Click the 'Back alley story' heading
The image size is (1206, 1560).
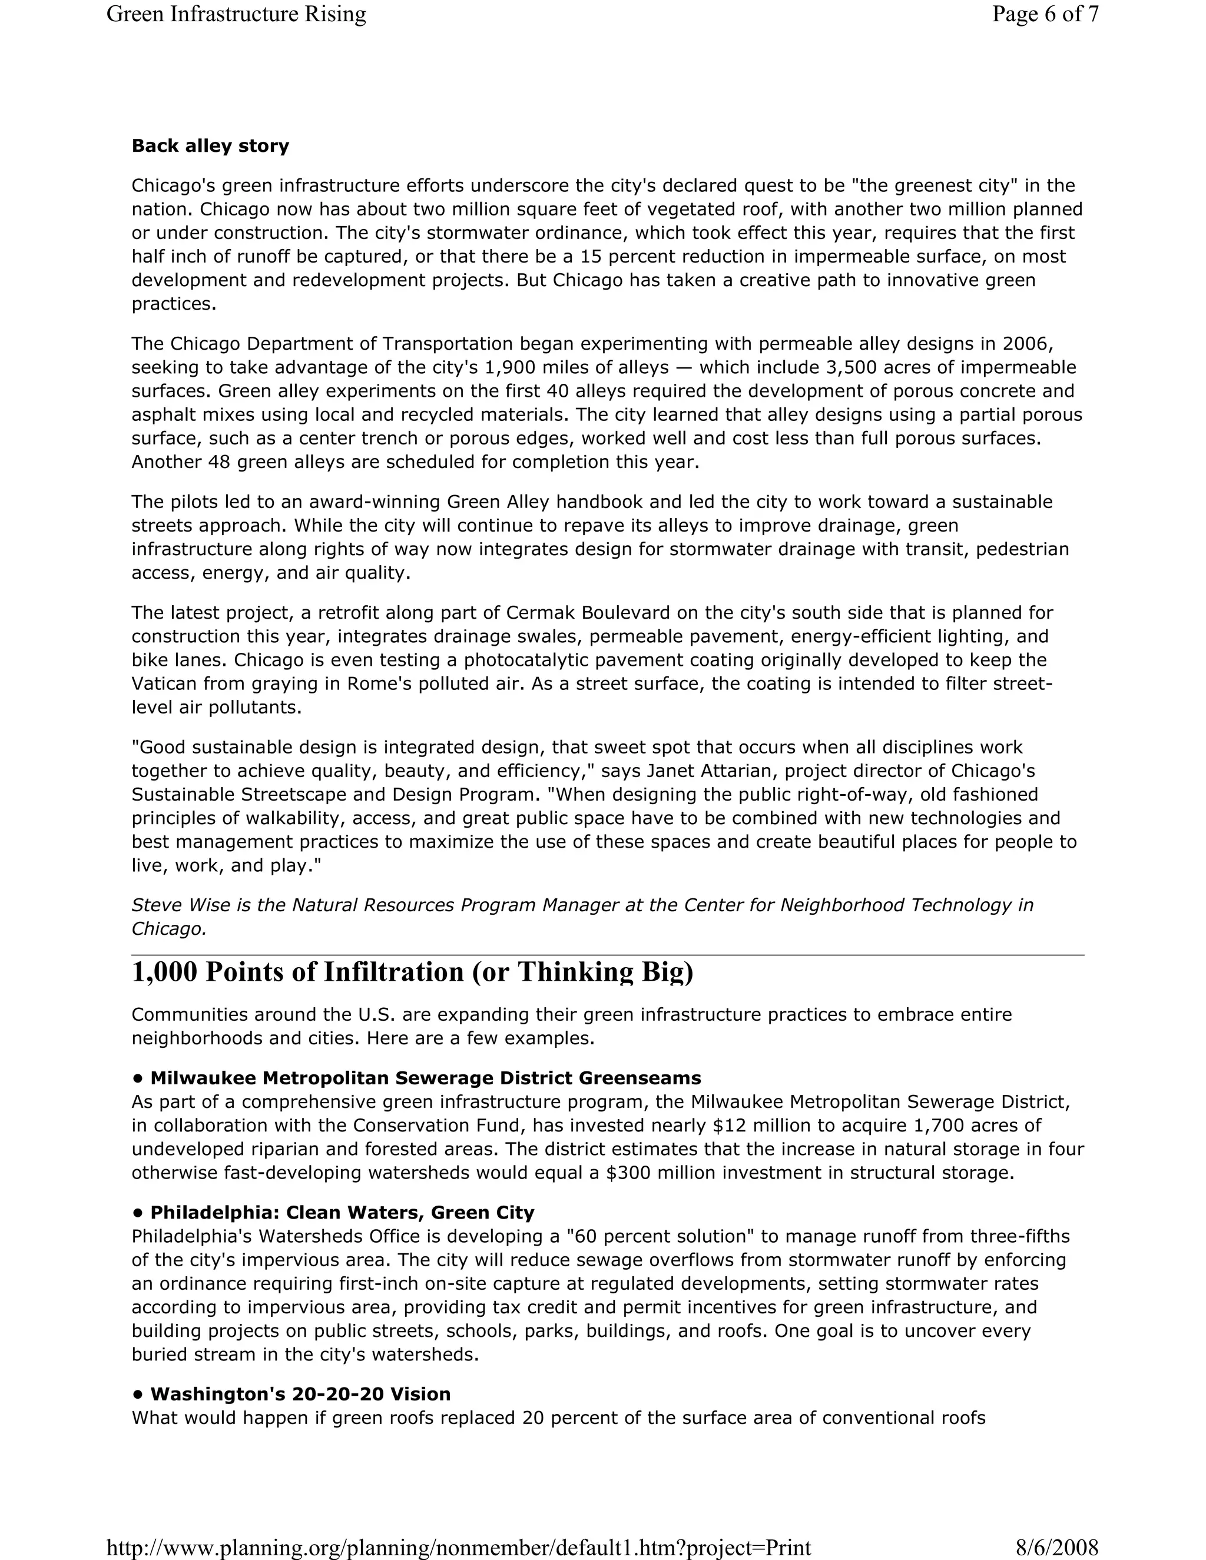[x=210, y=147]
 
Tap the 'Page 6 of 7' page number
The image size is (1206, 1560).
[x=1045, y=14]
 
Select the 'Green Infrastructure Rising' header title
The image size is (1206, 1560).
[x=236, y=14]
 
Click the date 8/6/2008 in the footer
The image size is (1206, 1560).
[x=1056, y=1547]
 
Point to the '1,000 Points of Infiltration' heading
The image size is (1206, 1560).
[x=412, y=972]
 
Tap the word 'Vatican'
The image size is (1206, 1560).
[x=165, y=684]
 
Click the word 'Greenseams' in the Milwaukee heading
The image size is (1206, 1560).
[x=640, y=1078]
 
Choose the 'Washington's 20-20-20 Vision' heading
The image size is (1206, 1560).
[x=300, y=1394]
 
